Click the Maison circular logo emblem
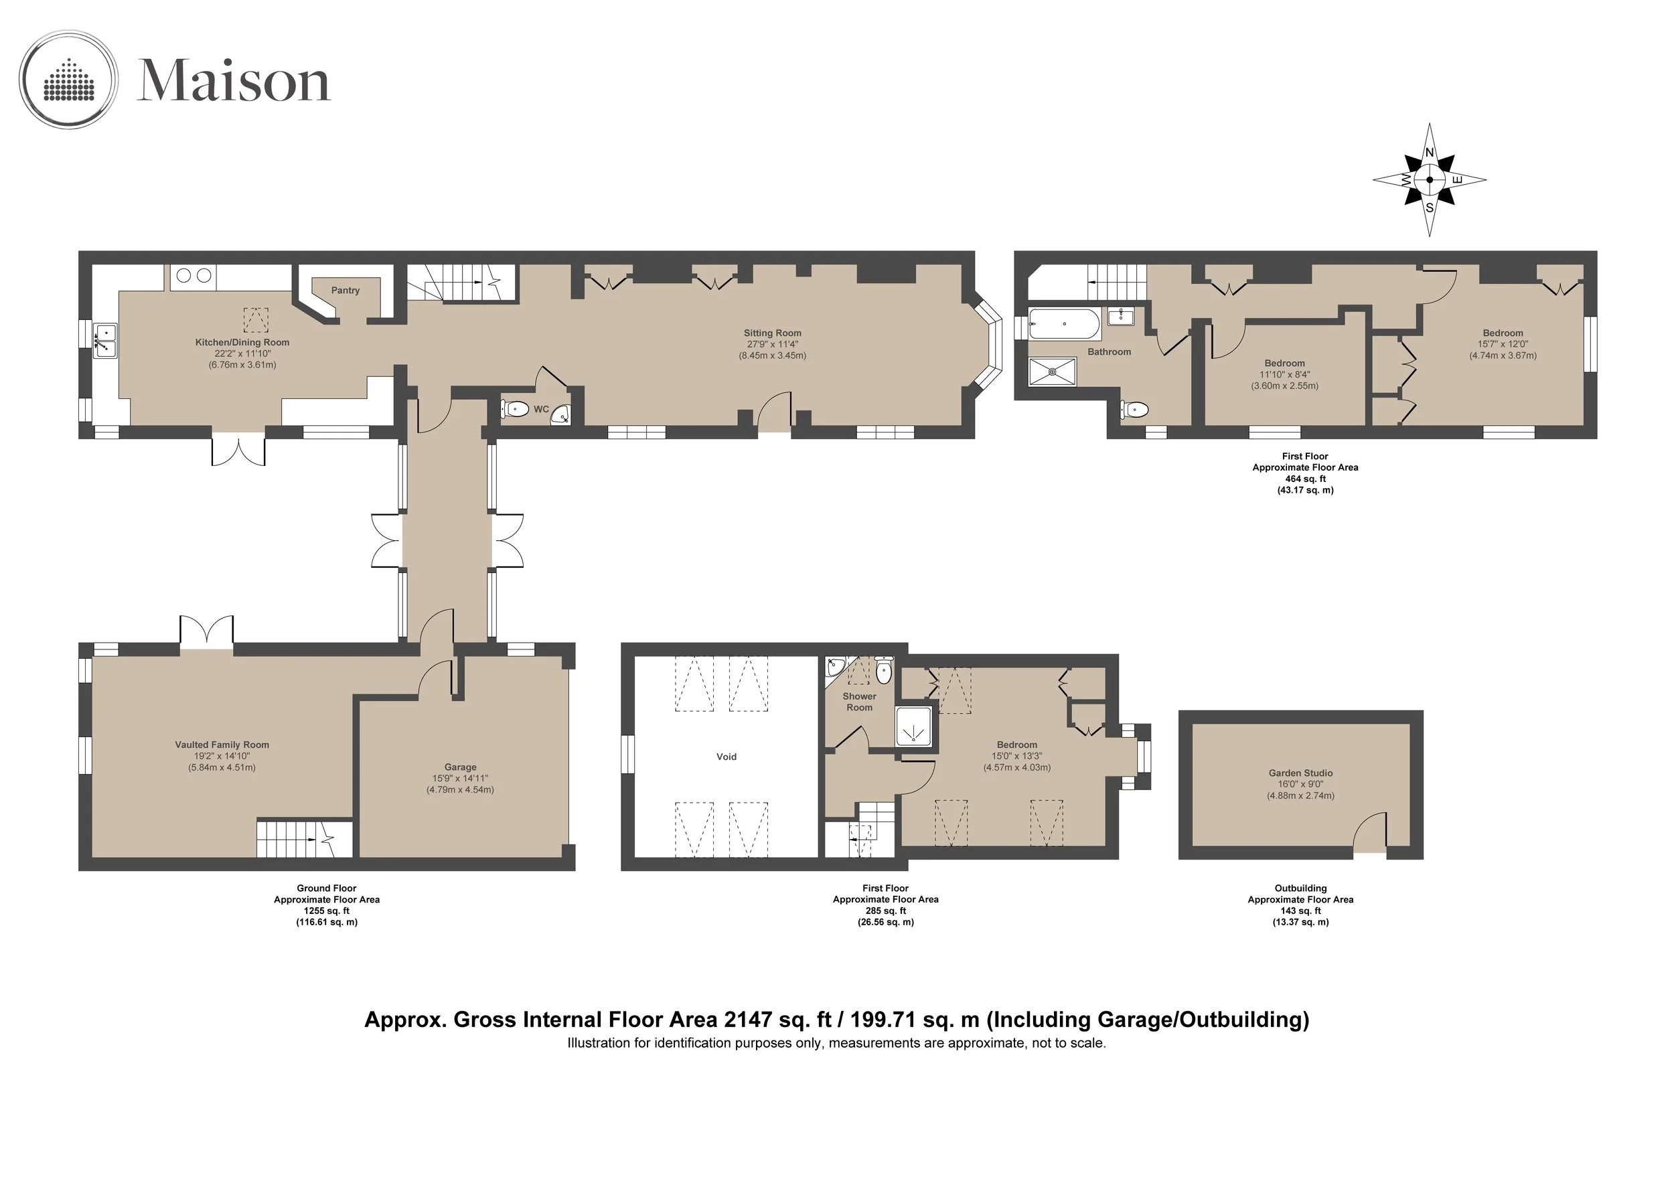point(68,80)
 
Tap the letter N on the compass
point(1430,153)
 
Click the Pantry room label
point(346,290)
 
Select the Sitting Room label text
point(772,333)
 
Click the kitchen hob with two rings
point(194,277)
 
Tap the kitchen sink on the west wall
point(105,340)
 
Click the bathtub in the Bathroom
point(1065,323)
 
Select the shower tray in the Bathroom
point(1052,372)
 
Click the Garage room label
point(460,767)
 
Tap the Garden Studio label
point(1301,773)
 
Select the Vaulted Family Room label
point(222,744)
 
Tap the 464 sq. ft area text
point(1305,479)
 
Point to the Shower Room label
point(860,702)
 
